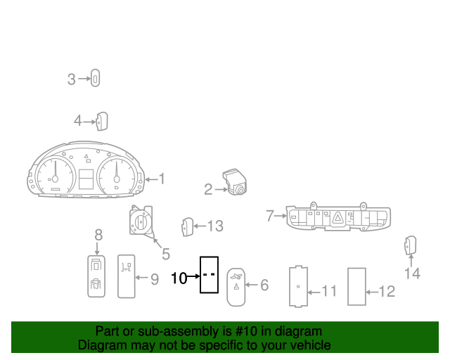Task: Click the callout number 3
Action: [x=71, y=79]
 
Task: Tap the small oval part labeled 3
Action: [x=96, y=78]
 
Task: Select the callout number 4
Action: [x=78, y=121]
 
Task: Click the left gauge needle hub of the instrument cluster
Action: [x=55, y=179]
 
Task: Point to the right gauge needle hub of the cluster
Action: [x=117, y=179]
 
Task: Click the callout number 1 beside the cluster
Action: [x=162, y=179]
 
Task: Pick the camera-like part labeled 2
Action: [x=235, y=181]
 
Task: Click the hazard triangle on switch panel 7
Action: [x=337, y=219]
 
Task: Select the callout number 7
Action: [x=270, y=216]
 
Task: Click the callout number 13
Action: [x=215, y=226]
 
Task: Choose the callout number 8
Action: [x=98, y=235]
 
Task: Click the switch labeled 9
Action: [x=127, y=276]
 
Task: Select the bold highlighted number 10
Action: [x=179, y=278]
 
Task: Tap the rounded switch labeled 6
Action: [x=236, y=287]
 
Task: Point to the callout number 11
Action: [x=329, y=291]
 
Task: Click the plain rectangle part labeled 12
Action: [x=356, y=286]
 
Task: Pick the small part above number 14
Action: [x=411, y=245]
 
